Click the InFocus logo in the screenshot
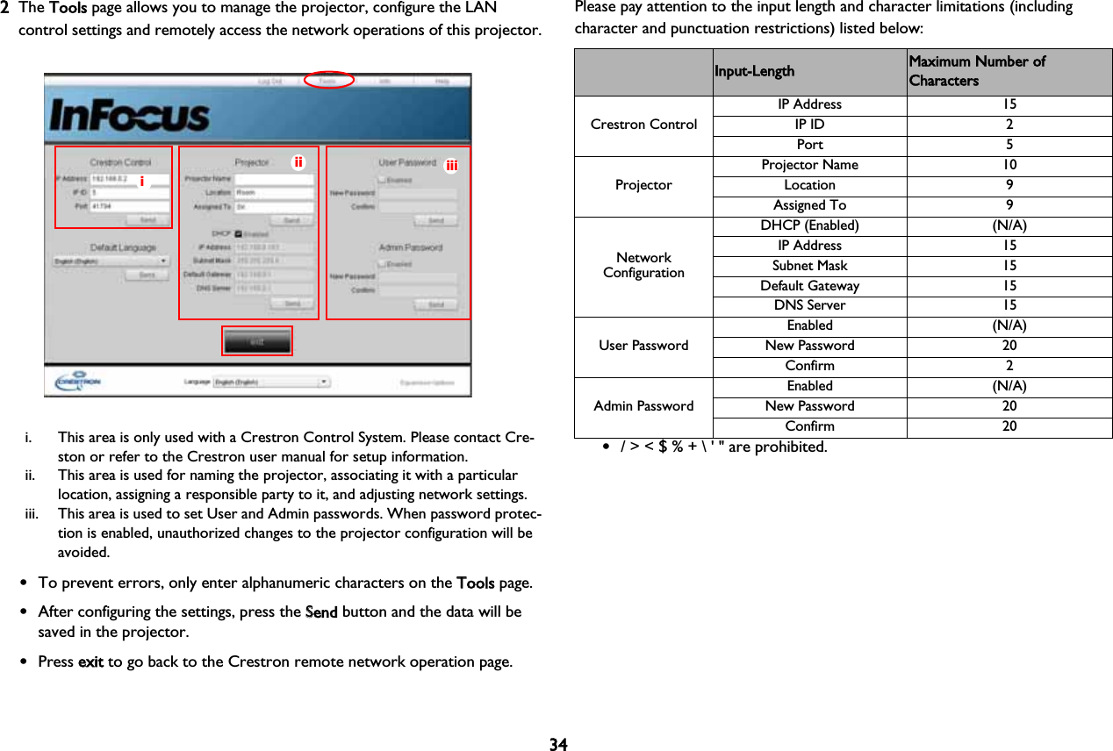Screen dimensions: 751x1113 (129, 116)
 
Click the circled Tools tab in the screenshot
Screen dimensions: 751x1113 (328, 80)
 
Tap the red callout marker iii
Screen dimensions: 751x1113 (451, 165)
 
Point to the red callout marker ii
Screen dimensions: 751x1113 (298, 161)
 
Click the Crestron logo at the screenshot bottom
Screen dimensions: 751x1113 (78, 383)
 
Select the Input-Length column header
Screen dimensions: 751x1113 (754, 71)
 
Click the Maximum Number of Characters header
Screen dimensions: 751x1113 (977, 71)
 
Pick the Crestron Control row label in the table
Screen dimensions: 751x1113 (643, 125)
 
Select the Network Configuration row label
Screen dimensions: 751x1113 (643, 265)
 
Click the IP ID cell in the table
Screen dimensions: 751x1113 (809, 125)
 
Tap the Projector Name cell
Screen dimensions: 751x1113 (809, 165)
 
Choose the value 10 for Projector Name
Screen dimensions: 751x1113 (1009, 165)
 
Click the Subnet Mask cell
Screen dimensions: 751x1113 (809, 265)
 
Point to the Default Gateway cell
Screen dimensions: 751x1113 (809, 285)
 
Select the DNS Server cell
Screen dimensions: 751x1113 (809, 305)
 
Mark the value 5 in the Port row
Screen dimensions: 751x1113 (1009, 145)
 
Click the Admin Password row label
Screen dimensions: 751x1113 (643, 405)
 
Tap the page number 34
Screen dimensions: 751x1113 (558, 745)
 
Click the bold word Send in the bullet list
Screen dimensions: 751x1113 (321, 612)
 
